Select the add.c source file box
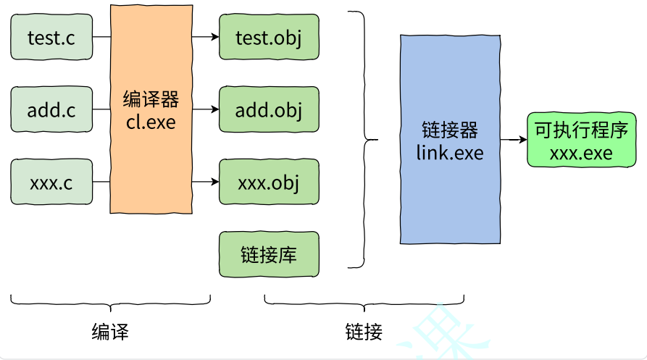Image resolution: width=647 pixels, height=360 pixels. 51,110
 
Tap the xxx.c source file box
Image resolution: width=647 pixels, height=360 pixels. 51,182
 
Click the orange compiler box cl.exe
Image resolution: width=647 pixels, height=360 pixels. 151,109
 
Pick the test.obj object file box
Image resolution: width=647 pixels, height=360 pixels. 269,37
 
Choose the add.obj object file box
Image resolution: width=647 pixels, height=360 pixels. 269,110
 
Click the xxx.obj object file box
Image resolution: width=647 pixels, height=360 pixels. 269,182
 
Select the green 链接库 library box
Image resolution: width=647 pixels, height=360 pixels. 269,254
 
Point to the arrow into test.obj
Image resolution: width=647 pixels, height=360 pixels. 206,36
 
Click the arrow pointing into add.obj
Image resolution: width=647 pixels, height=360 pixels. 206,109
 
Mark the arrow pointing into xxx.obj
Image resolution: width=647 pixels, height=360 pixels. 206,182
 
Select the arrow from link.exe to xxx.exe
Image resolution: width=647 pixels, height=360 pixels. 514,140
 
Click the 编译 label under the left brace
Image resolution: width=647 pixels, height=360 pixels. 110,332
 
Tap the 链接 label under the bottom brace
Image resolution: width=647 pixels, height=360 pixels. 364,332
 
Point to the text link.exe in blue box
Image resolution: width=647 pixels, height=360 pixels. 450,153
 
